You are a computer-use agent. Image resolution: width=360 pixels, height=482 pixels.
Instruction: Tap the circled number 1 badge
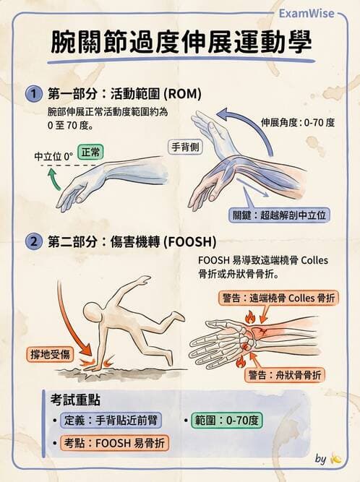pyautogui.click(x=33, y=94)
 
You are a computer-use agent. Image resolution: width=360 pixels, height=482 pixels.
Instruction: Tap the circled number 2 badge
pyautogui.click(x=33, y=241)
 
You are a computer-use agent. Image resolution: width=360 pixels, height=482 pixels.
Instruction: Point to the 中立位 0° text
pyautogui.click(x=53, y=156)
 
